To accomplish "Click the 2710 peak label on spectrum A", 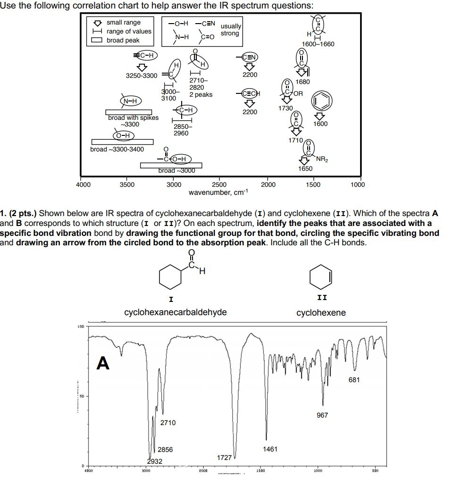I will point(168,423).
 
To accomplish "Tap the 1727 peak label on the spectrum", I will point(224,458).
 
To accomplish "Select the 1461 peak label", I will point(270,449).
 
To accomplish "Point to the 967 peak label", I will point(322,415).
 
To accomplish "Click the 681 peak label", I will point(354,380).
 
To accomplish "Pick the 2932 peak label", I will point(154,461).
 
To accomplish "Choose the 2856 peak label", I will point(165,450).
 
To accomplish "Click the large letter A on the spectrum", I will point(103,363).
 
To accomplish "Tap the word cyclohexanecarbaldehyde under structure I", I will point(175,312).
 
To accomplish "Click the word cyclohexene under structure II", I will point(321,313).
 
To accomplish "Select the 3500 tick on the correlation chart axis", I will point(127,185).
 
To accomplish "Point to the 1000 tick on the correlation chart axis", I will point(358,185).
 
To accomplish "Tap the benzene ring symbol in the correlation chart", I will point(320,101).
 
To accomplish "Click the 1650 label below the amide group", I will point(305,168).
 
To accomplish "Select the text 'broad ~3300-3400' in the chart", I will point(117,150).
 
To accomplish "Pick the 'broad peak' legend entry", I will point(123,40).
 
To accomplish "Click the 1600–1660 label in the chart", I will point(318,44).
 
